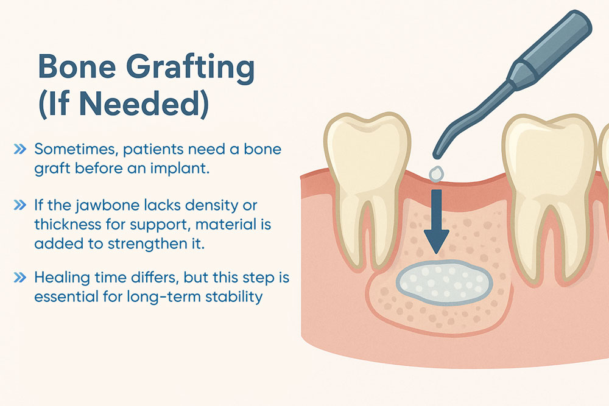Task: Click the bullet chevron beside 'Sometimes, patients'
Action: (x=20, y=149)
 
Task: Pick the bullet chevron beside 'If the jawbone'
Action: (x=20, y=205)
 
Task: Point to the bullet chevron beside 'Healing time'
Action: (x=20, y=278)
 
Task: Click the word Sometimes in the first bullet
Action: (x=76, y=150)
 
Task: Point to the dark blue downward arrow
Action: (x=437, y=221)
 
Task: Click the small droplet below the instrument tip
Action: (x=436, y=174)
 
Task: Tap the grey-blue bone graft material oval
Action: (x=445, y=282)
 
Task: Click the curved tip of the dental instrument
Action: (x=446, y=138)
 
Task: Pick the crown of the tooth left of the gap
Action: (x=367, y=150)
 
